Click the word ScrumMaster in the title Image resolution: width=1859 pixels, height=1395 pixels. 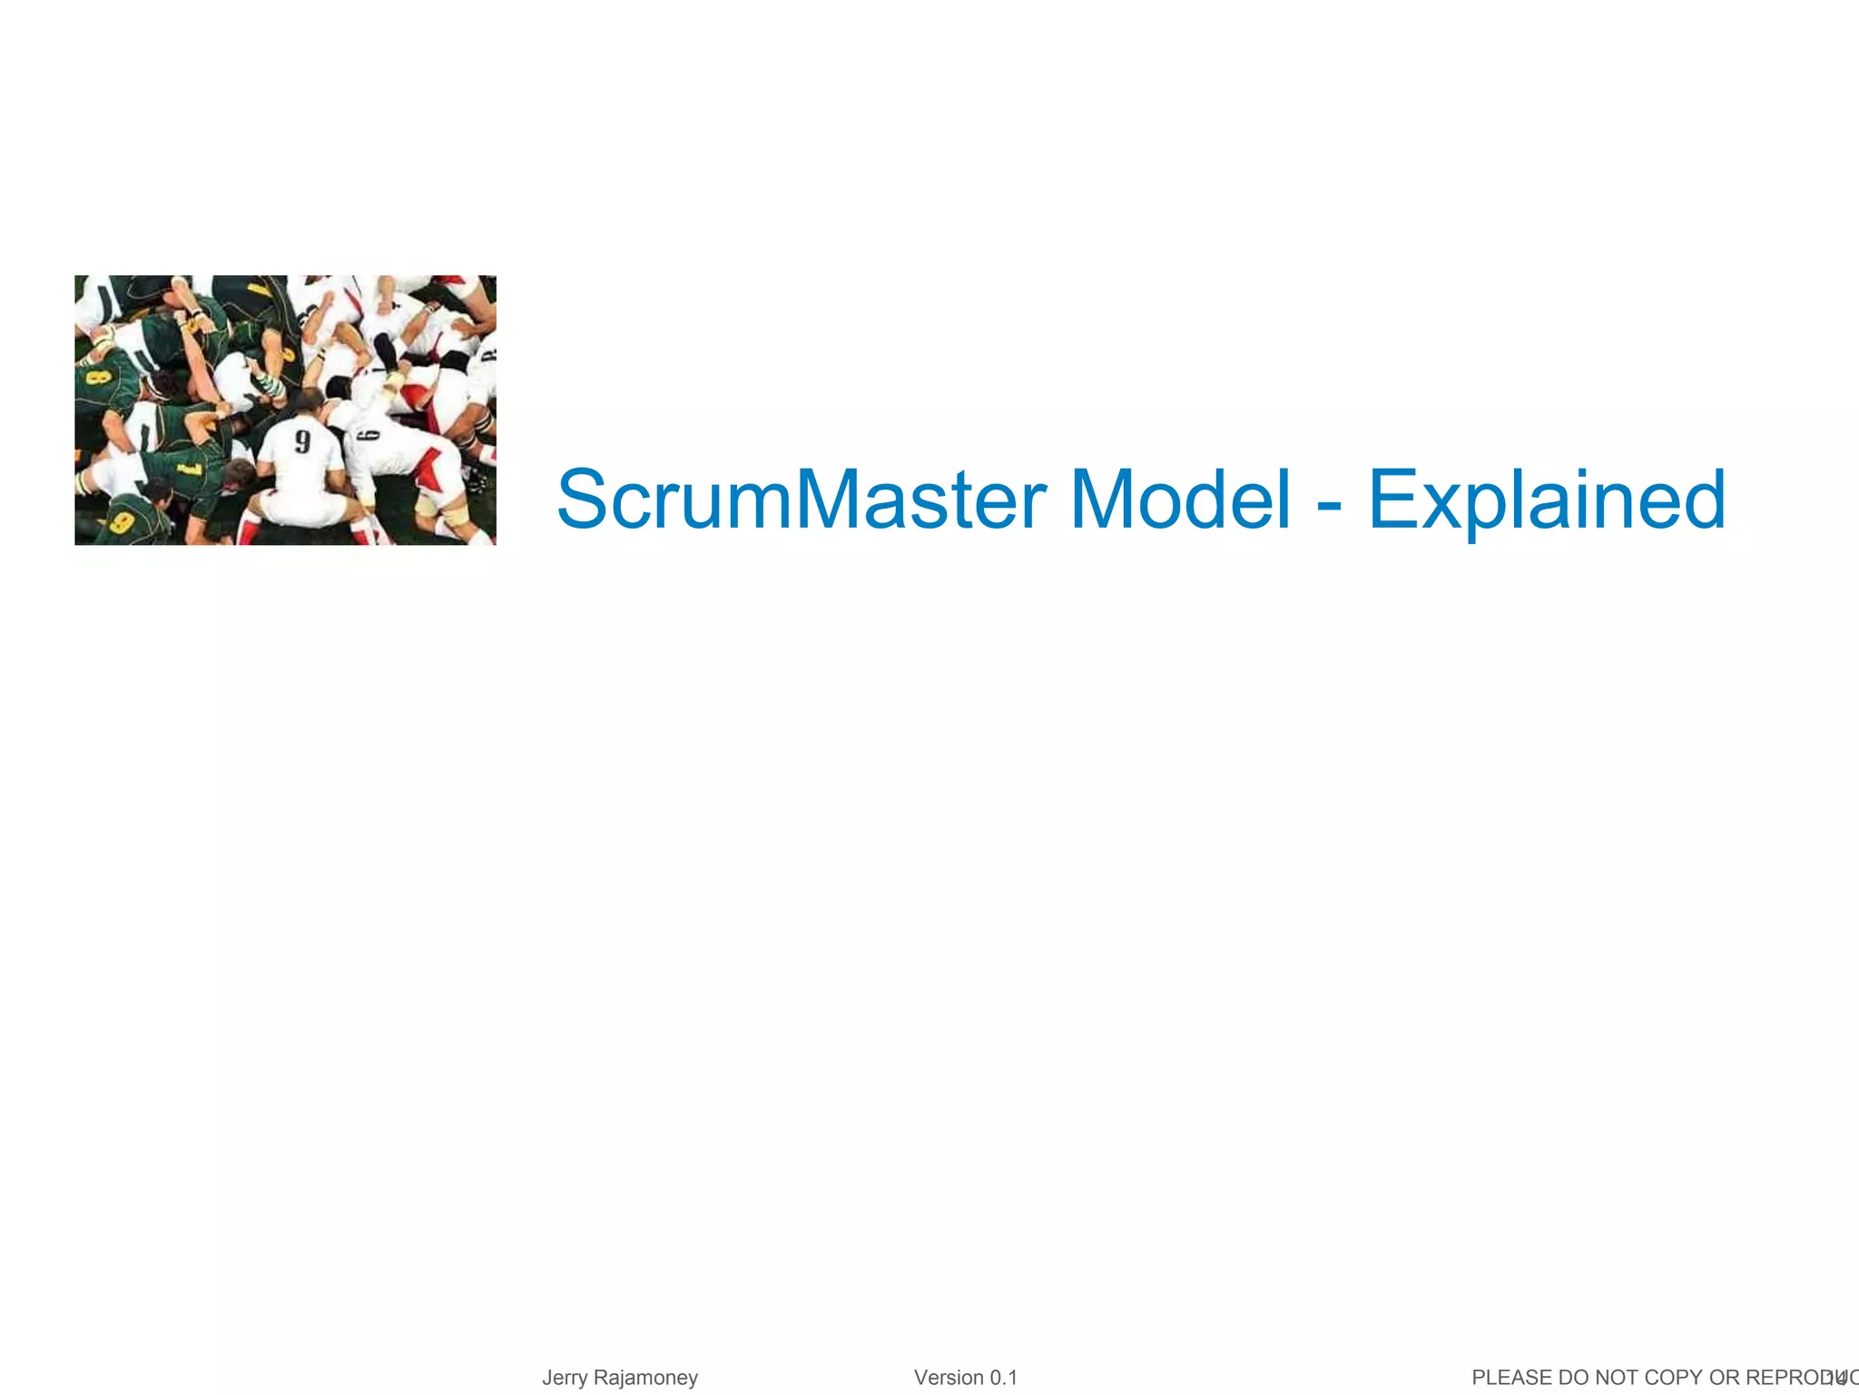802,500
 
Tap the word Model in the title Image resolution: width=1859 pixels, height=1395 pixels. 1180,500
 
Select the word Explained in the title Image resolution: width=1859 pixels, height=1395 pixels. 1546,500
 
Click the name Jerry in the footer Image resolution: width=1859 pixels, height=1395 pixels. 564,1378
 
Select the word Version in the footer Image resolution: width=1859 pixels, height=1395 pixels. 949,1378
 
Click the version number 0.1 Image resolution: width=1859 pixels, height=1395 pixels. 1003,1378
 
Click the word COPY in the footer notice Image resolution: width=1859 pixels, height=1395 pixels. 1673,1378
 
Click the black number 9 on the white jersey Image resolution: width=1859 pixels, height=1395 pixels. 302,441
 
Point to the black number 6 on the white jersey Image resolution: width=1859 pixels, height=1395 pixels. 370,436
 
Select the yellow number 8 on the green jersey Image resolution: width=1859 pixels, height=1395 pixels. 93,375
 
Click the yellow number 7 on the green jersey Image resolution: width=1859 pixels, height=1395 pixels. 189,469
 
